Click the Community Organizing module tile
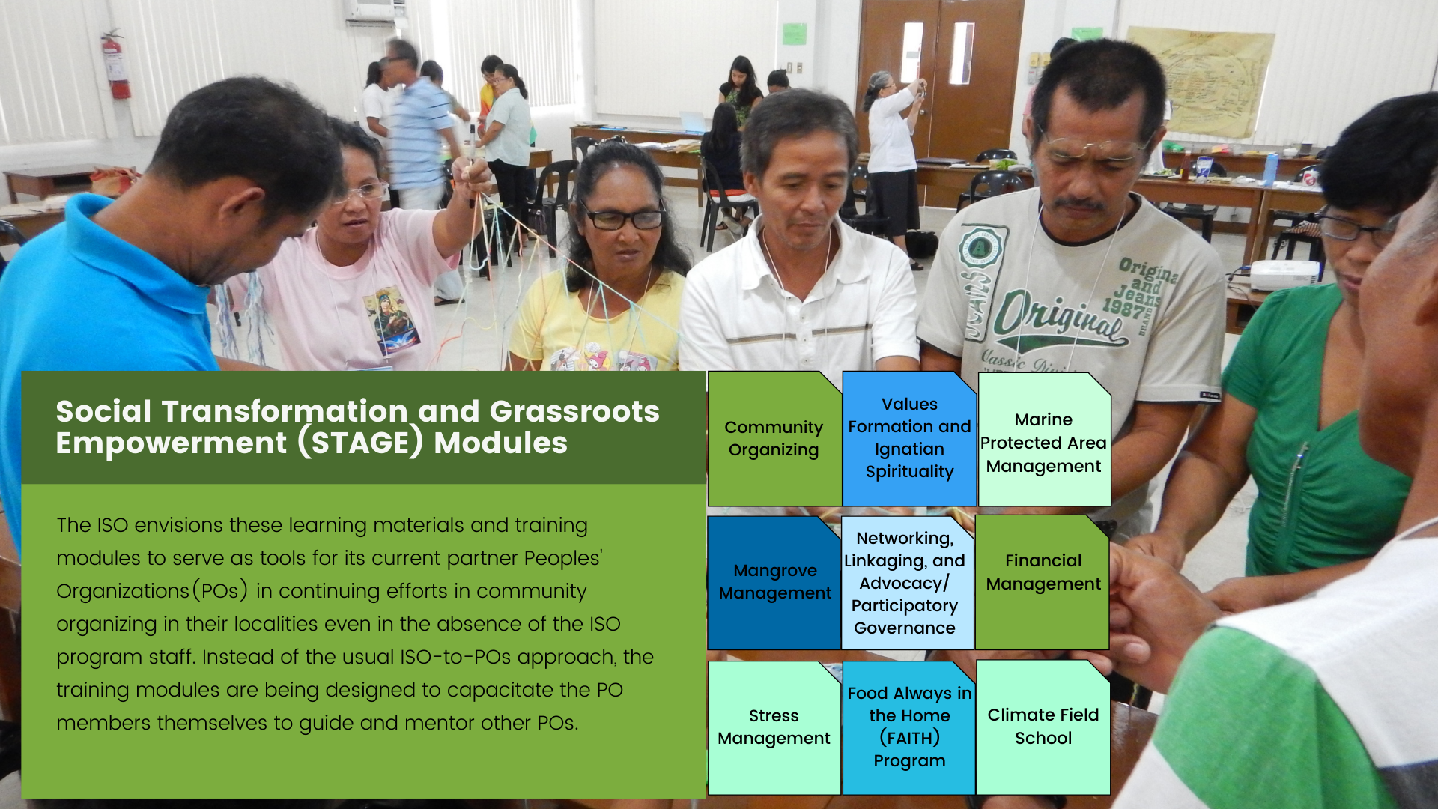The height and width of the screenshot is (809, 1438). pyautogui.click(x=774, y=439)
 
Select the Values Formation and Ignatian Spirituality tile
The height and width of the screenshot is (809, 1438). pyautogui.click(x=909, y=439)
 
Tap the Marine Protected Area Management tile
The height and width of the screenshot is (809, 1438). pyautogui.click(x=1044, y=439)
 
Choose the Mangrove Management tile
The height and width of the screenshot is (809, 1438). pyautogui.click(x=774, y=583)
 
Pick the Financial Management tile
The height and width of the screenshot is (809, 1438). pyautogui.click(x=1043, y=583)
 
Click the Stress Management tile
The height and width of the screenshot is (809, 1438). pyautogui.click(x=774, y=727)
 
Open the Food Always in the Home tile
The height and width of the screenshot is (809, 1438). pyautogui.click(x=909, y=727)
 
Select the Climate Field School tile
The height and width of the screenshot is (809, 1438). pyautogui.click(x=1043, y=727)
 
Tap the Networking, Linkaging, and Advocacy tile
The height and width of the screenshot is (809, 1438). pyautogui.click(x=908, y=583)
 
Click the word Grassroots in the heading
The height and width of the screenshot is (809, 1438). pyautogui.click(x=574, y=411)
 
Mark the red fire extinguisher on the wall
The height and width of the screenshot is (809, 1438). pyautogui.click(x=115, y=65)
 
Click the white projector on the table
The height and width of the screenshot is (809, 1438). pyautogui.click(x=1284, y=275)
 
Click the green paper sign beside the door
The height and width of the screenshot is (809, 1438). pyautogui.click(x=794, y=34)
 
